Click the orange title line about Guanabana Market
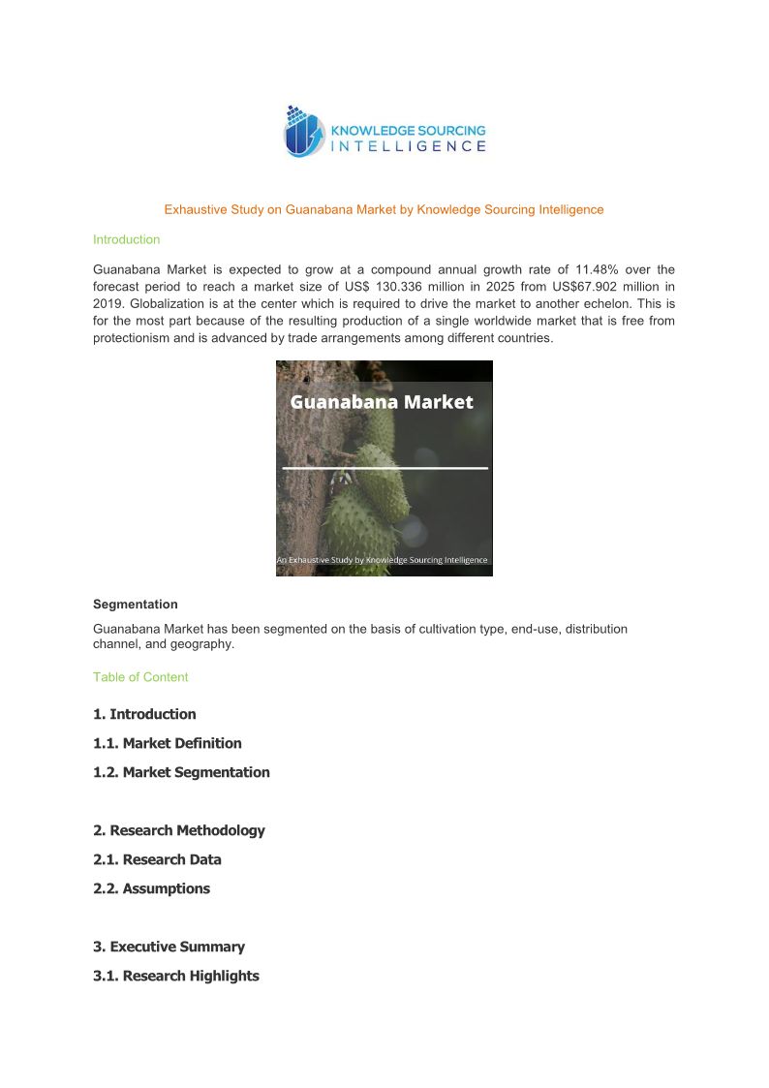(x=384, y=209)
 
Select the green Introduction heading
(x=126, y=239)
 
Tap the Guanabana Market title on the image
(x=383, y=401)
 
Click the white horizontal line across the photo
(x=384, y=468)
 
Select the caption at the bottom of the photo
(x=383, y=560)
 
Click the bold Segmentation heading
(x=135, y=604)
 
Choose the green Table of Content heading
(x=140, y=677)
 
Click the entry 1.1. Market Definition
(x=168, y=743)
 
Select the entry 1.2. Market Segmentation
(x=181, y=772)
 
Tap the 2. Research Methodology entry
(x=178, y=830)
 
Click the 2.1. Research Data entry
(x=157, y=859)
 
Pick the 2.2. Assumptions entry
(x=151, y=888)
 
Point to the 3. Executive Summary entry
(x=169, y=947)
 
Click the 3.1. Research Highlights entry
(x=176, y=976)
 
